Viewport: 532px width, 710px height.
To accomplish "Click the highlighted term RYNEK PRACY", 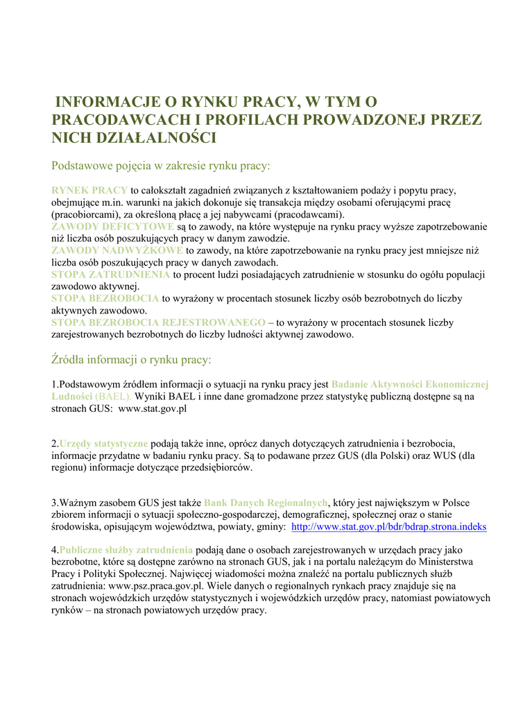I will point(89,190).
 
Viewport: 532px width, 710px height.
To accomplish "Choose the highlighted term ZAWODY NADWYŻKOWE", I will point(117,250).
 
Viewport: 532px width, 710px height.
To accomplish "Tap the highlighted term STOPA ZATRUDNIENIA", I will point(111,275).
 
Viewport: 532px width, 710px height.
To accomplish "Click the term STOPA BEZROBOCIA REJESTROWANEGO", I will point(158,322).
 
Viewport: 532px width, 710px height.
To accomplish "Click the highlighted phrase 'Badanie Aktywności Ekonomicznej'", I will point(410,384).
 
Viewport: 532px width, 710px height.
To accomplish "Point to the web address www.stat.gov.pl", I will point(153,409).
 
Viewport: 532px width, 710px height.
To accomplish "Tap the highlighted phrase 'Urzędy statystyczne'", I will point(103,443).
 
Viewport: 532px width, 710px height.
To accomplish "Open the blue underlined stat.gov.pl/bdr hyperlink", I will point(388,527).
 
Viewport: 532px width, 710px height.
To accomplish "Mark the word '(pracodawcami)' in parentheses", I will point(307,214).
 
